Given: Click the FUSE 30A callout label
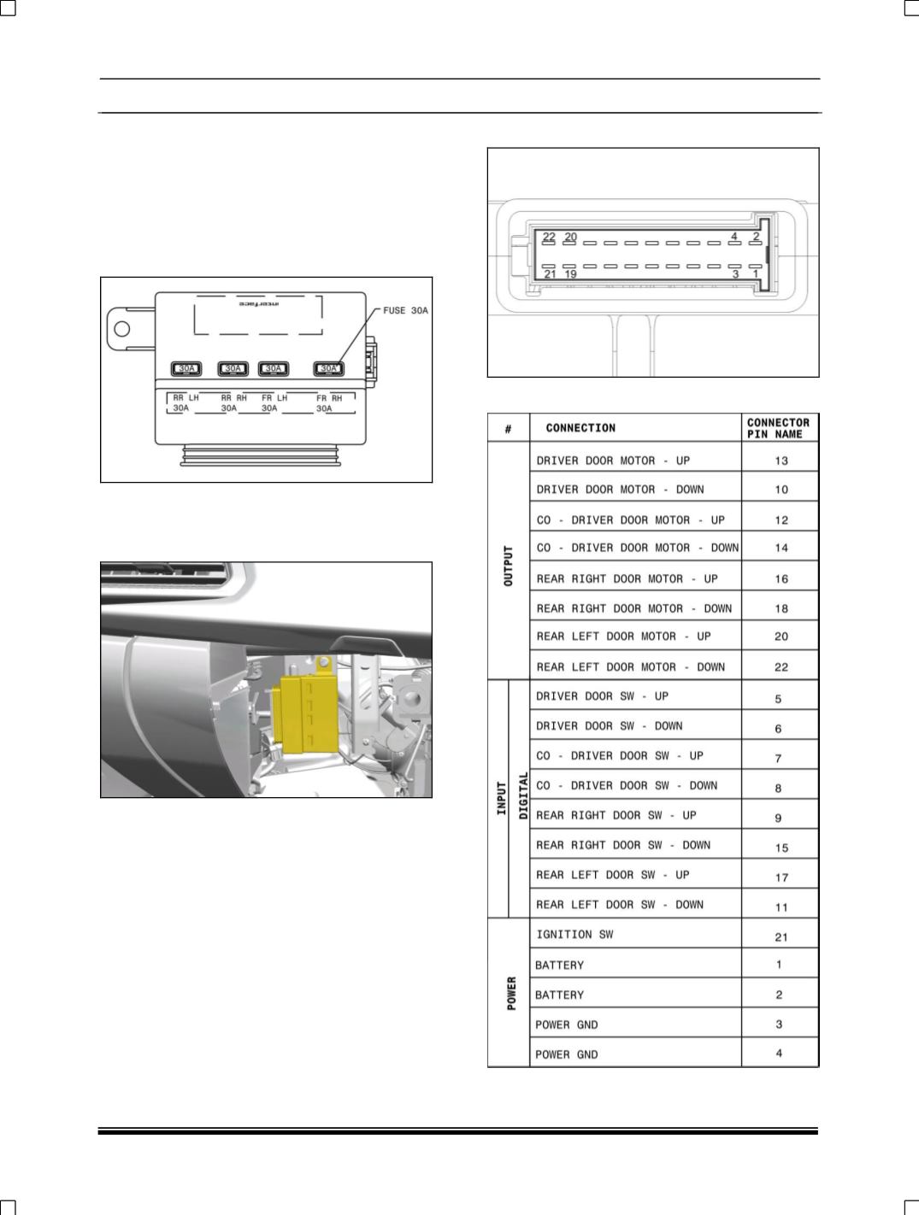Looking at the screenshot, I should click(x=405, y=311).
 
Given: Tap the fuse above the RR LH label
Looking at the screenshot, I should click(x=186, y=369).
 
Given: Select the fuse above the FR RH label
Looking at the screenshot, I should click(x=328, y=369).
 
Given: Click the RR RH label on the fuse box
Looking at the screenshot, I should click(x=233, y=398).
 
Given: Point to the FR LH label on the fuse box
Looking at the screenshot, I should click(x=274, y=398).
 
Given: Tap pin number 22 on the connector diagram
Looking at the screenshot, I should click(x=549, y=238).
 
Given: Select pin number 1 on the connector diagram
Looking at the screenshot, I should click(x=756, y=274).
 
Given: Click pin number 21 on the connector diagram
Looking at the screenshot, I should click(x=550, y=274).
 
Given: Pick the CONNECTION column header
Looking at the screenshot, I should click(x=580, y=428).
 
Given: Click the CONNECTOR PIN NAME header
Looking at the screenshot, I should click(x=778, y=428).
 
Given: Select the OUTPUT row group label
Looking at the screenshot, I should click(x=509, y=566).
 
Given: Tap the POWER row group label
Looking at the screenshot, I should click(x=511, y=994).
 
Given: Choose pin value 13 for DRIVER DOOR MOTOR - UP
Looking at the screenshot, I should click(x=781, y=461).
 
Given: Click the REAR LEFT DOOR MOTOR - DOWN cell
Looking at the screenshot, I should click(x=630, y=667).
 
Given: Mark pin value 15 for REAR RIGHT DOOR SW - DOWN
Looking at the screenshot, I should click(x=781, y=848).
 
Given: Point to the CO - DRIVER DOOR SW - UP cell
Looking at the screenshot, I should click(x=620, y=756).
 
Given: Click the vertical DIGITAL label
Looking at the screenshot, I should click(x=524, y=795).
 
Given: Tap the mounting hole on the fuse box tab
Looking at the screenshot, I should click(x=121, y=329).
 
